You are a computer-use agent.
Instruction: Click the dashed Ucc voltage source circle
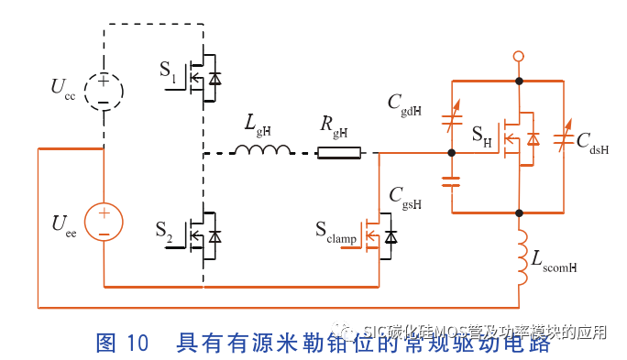103,90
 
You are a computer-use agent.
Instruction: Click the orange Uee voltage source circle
104,224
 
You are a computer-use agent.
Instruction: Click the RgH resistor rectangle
340,152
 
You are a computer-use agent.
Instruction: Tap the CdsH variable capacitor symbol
565,139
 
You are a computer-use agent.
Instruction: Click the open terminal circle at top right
519,58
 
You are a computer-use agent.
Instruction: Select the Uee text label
63,224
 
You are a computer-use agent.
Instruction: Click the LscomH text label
554,261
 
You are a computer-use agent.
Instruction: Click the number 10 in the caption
137,343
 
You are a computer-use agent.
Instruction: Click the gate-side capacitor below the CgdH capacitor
451,180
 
